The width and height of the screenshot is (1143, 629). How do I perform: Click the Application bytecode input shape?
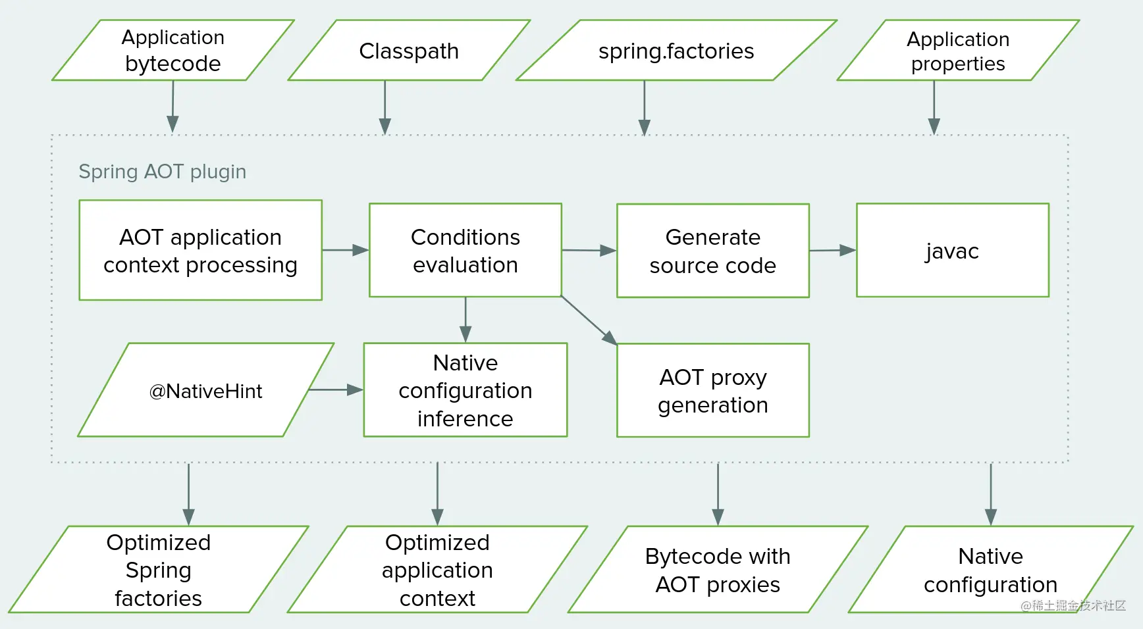pos(173,50)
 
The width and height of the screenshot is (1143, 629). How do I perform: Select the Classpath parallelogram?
pos(409,50)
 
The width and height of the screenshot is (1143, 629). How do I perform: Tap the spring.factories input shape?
pos(676,50)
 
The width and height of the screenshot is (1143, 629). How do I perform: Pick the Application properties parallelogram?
pos(958,50)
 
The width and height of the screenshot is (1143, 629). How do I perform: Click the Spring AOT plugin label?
pos(162,172)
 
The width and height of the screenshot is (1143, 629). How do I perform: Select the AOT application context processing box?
pos(201,250)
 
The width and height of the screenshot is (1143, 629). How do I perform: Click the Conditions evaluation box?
pos(465,250)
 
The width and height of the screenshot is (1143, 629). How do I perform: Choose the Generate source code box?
pos(713,251)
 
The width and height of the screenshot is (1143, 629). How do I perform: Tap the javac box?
pos(953,250)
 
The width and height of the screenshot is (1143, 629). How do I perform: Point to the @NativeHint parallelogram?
pos(206,390)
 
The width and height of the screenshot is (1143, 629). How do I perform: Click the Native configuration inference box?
pos(465,390)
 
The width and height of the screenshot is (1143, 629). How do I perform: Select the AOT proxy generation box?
pos(713,390)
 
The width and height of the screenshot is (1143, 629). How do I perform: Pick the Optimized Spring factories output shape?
pos(159,569)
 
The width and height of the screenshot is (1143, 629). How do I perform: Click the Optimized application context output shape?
pos(437,569)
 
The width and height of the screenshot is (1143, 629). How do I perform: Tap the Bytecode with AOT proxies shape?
pos(718,569)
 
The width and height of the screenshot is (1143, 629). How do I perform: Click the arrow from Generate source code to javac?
pos(833,250)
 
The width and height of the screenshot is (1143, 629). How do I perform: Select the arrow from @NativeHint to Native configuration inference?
pos(336,390)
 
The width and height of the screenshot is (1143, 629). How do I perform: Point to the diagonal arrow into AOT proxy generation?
pos(589,320)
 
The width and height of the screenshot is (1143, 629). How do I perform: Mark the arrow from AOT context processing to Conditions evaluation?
pos(346,250)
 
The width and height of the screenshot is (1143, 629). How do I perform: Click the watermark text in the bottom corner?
pos(1073,605)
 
